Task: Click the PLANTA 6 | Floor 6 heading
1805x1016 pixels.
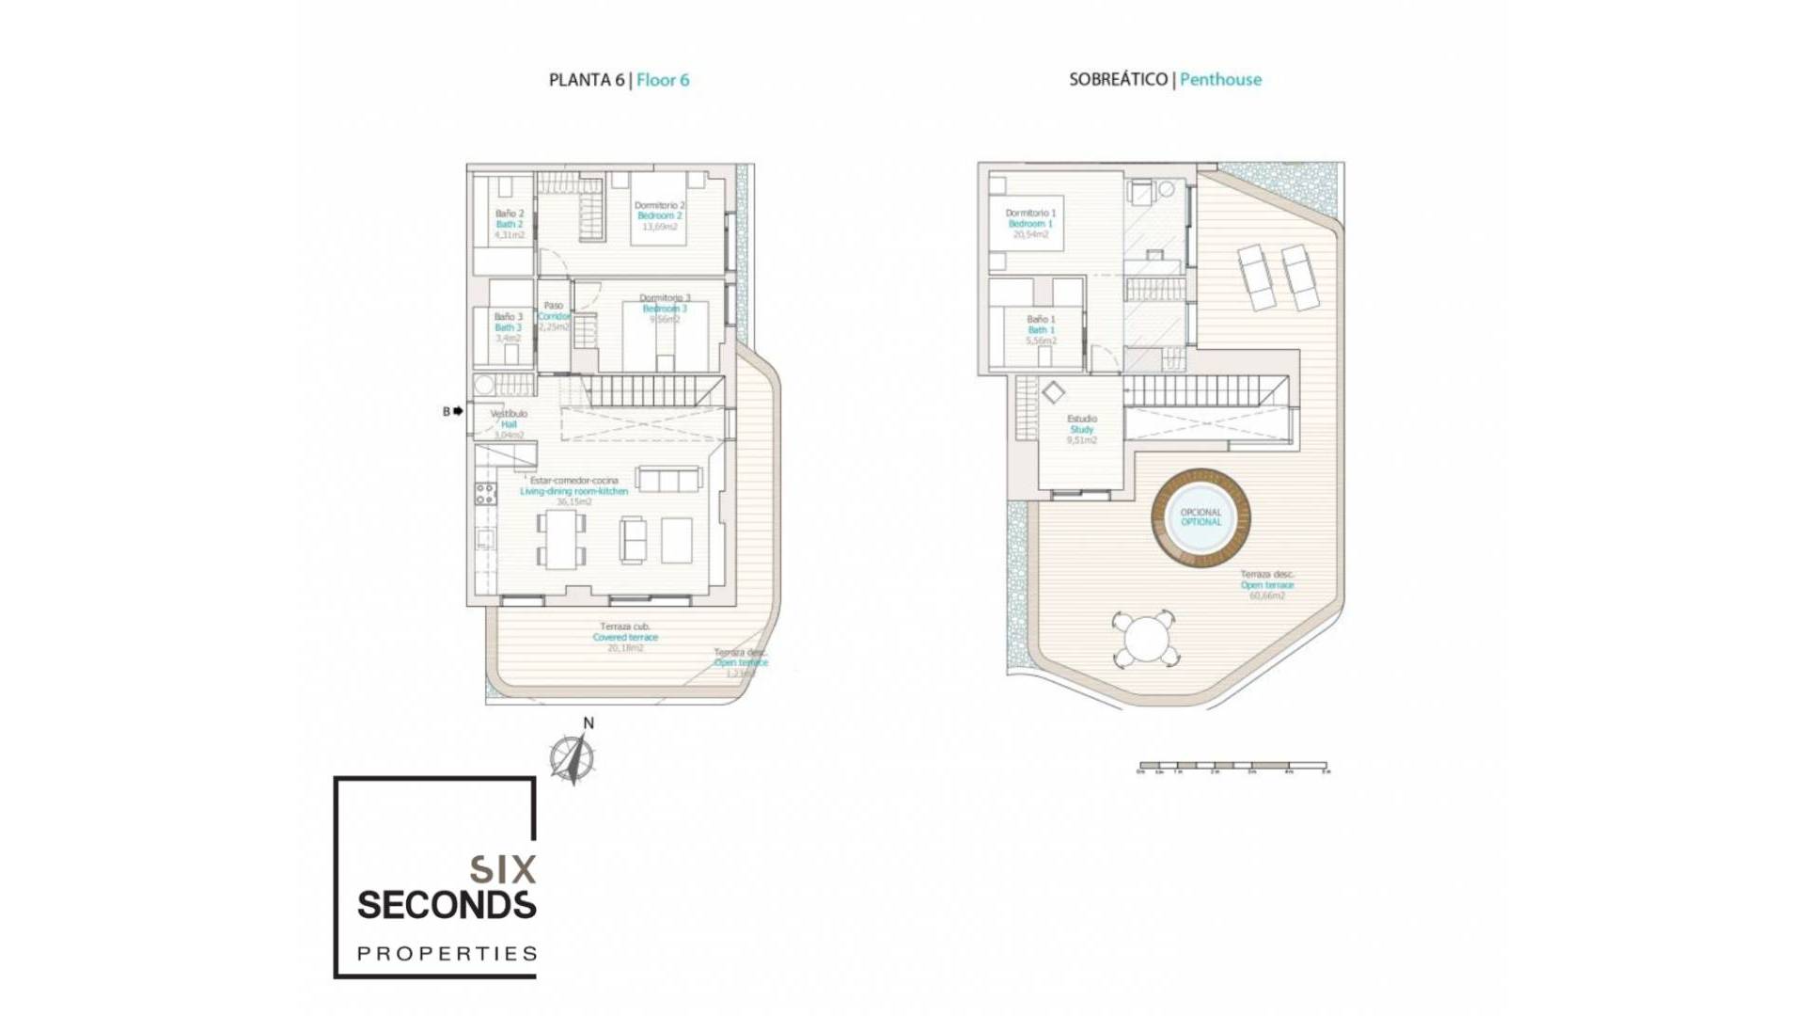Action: tap(619, 80)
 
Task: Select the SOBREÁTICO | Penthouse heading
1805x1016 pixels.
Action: tap(1165, 80)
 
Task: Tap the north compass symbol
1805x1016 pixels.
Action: tap(572, 757)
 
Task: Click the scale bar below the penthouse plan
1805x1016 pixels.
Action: tap(1232, 767)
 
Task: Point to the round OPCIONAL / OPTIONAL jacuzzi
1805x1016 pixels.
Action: tap(1201, 517)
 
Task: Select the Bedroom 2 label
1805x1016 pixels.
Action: tap(659, 215)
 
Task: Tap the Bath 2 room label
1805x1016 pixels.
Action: tap(510, 224)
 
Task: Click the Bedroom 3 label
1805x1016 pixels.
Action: tap(664, 309)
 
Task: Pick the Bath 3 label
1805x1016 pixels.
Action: tap(508, 327)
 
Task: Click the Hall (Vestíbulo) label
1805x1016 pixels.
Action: tap(509, 424)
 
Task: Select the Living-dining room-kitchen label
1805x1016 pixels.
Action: tap(573, 491)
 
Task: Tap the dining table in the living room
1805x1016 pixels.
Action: tap(562, 540)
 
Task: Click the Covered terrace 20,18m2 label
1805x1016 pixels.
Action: tap(625, 637)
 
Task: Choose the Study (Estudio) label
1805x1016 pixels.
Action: tap(1081, 429)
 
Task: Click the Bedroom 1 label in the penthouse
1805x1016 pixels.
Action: tap(1030, 224)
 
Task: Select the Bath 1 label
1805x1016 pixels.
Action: tap(1041, 330)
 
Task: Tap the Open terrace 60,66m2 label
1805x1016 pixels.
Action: tap(1266, 584)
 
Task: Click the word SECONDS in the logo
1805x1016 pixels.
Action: tap(447, 905)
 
